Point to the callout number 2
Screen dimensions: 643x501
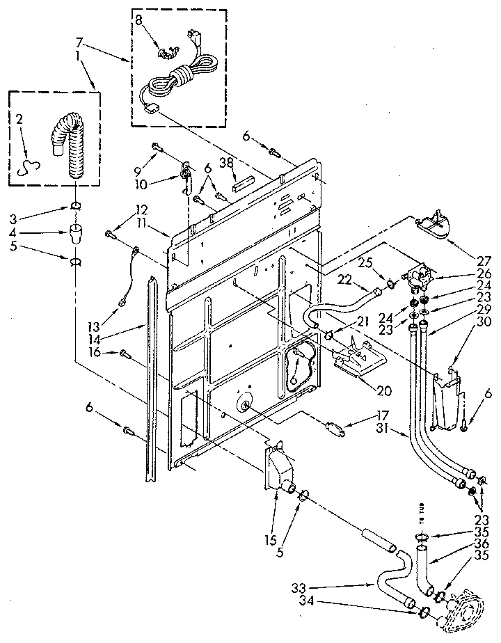click(x=19, y=119)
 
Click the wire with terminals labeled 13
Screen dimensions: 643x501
click(x=128, y=272)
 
